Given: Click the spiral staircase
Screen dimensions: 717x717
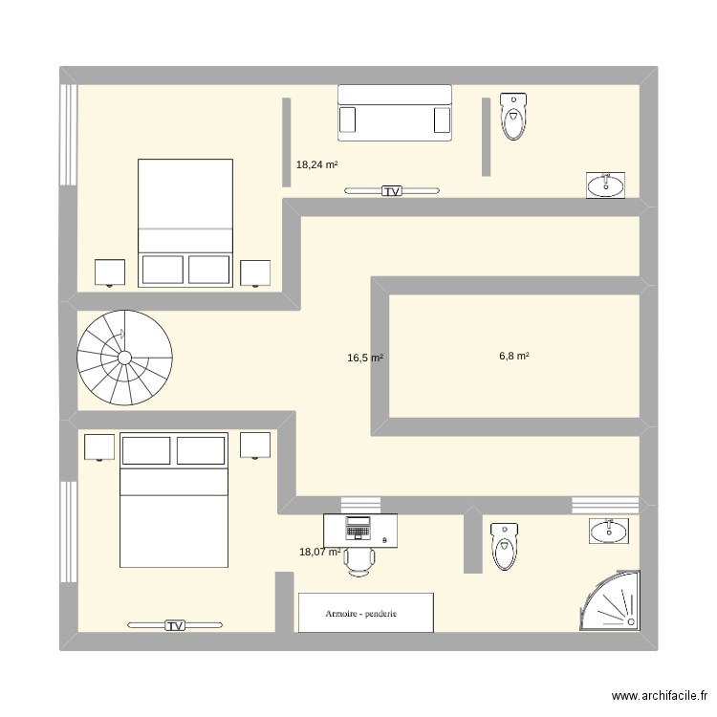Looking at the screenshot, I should pyautogui.click(x=124, y=358).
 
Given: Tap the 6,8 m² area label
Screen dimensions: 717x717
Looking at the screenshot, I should pyautogui.click(x=514, y=357).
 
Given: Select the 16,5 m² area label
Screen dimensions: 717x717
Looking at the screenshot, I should pyautogui.click(x=365, y=358).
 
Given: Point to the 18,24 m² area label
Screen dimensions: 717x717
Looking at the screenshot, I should pyautogui.click(x=316, y=164).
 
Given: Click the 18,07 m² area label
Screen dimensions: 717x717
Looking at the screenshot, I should pyautogui.click(x=320, y=552).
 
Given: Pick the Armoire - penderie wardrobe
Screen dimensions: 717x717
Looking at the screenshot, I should pyautogui.click(x=366, y=613).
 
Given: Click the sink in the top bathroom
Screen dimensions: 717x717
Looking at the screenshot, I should pyautogui.click(x=605, y=185).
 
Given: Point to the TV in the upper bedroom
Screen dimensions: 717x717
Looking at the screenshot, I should pyautogui.click(x=392, y=191).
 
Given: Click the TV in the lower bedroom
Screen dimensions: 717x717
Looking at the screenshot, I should pyautogui.click(x=174, y=625).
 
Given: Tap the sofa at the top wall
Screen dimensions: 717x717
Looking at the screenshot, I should pyautogui.click(x=394, y=112).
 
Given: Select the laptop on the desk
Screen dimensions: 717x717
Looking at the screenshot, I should pyautogui.click(x=358, y=527).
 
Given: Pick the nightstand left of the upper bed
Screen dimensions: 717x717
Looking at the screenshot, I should pyautogui.click(x=110, y=272).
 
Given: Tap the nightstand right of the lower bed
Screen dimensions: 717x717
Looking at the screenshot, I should pyautogui.click(x=255, y=445).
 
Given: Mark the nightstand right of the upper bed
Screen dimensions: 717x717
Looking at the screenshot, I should pyautogui.click(x=255, y=273).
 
